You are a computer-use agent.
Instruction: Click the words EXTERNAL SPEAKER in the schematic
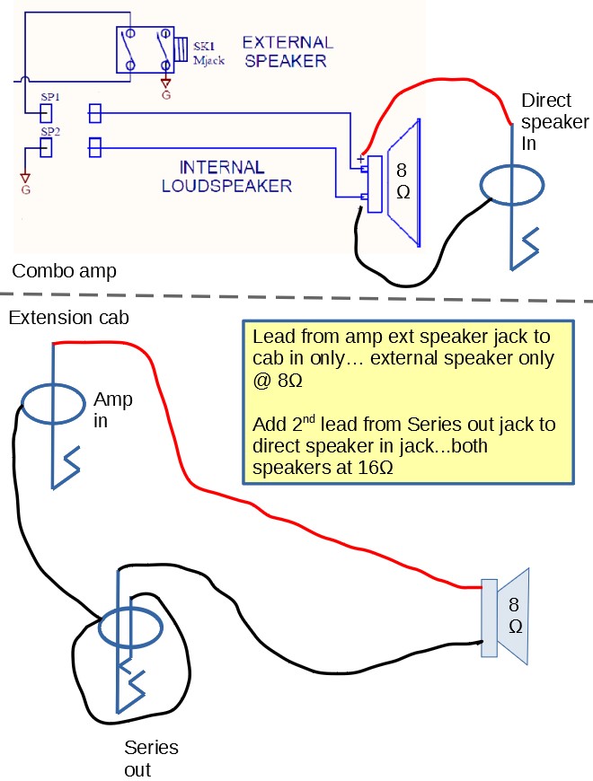(287, 52)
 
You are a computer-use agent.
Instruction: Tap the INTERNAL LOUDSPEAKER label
(226, 177)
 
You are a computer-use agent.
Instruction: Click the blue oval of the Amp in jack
(54, 405)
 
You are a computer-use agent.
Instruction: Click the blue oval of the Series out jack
(129, 629)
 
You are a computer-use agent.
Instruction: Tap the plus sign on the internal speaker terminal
(361, 159)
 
